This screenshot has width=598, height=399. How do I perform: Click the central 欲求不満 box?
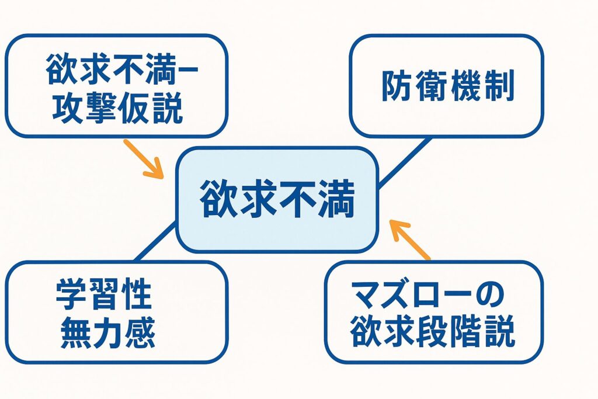coord(277,200)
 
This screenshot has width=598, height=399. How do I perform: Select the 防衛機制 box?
coord(446,86)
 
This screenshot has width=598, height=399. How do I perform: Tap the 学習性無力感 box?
coord(117,313)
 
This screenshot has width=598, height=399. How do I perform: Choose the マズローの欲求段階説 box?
coord(434,313)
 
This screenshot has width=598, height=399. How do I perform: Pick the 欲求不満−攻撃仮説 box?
coord(117,86)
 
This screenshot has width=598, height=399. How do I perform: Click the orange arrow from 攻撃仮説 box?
coord(144,159)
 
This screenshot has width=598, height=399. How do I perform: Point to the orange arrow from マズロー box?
coord(409,240)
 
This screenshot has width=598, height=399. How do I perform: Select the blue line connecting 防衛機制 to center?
coord(405,162)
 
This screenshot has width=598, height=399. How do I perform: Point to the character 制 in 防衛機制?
coord(500,86)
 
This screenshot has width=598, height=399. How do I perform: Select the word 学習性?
coord(104,294)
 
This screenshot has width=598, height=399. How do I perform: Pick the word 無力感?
coord(108,332)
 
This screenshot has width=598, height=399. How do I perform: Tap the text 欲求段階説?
coord(433,331)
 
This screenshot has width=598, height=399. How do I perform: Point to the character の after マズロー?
coord(491,295)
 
